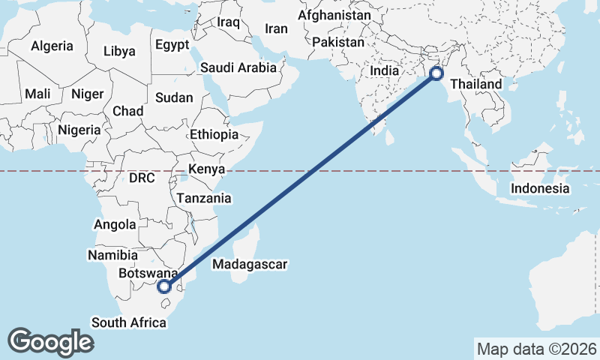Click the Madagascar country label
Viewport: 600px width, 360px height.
pos(250,264)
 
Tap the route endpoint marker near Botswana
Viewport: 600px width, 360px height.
pos(164,286)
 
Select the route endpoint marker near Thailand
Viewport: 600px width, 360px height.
pos(436,73)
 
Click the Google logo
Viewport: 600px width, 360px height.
pos(51,341)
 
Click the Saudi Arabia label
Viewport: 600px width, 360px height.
pos(238,67)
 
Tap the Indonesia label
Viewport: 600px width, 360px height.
pos(540,188)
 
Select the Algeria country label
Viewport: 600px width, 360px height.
pos(52,46)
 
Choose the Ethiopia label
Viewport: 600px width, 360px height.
pos(214,134)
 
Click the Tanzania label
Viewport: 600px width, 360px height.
pos(203,199)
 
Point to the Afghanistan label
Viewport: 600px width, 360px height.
pos(334,15)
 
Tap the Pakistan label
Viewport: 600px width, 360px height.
pos(337,42)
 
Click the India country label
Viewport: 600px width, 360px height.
pos(385,70)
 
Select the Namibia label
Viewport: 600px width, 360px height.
pos(112,254)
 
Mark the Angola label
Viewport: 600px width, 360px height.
pos(114,224)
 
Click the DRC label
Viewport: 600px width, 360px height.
pos(141,178)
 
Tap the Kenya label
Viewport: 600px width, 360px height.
pos(207,169)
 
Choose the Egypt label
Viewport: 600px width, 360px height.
pos(172,44)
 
